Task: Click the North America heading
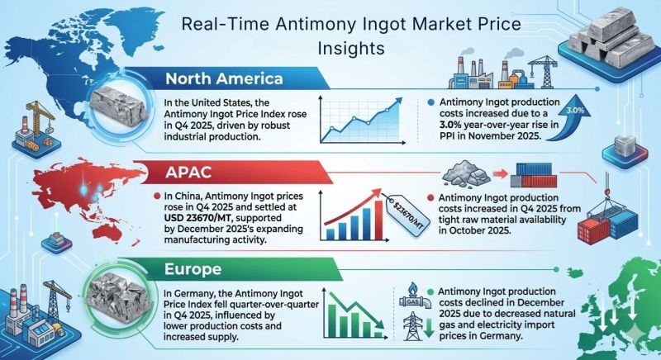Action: pos(224,78)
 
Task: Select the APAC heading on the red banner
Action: pos(188,172)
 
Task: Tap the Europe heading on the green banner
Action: pos(193,268)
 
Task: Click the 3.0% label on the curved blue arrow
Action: pos(575,111)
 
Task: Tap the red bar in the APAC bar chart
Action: pos(378,220)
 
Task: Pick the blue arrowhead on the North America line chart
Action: pos(397,102)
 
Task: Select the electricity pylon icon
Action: pos(411,325)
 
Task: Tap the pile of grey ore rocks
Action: pos(465,173)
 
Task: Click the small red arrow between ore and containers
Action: pos(500,173)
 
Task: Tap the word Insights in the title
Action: pos(351,48)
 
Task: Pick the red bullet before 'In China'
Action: pos(157,196)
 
